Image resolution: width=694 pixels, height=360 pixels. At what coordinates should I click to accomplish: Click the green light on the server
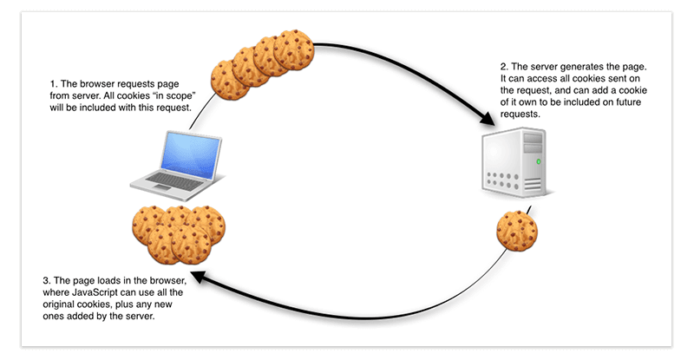tap(538, 161)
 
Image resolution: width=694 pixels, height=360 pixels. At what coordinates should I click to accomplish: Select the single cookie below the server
tap(517, 231)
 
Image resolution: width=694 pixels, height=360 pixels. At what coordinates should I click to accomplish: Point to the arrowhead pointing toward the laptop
tap(199, 277)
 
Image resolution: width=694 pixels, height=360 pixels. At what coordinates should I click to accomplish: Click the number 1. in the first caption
tap(54, 84)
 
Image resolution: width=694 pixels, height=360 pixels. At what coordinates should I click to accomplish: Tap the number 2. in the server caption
tap(504, 67)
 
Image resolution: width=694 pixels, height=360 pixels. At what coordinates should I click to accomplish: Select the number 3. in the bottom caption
tap(47, 281)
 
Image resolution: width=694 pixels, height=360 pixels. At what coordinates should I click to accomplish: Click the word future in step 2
tap(627, 102)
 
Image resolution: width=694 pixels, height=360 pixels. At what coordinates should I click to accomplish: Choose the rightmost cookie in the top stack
tap(293, 49)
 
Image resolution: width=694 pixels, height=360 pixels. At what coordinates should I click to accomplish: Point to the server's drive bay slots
tap(533, 143)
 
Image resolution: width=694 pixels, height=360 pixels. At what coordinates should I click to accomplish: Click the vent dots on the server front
tap(503, 180)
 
